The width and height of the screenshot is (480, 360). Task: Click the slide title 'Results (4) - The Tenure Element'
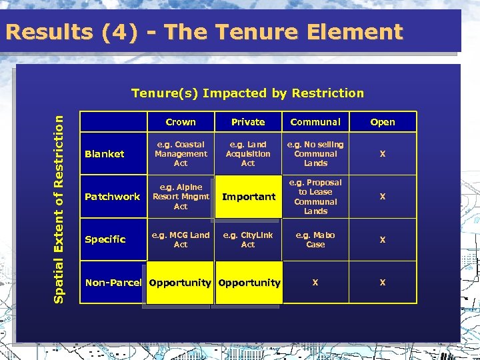203,31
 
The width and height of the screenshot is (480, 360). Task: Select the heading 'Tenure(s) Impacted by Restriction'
247,93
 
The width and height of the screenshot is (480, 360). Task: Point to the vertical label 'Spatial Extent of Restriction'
59,200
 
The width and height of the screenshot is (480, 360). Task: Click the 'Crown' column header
181,122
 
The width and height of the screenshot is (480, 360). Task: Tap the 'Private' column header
248,122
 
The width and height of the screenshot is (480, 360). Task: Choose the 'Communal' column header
315,122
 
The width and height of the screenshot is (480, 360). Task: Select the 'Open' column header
383,122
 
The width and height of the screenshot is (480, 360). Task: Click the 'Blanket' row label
105,154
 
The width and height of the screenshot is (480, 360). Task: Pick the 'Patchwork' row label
113,197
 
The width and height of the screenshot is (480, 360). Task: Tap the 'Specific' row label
105,239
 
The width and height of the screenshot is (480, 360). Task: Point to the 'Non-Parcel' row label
113,283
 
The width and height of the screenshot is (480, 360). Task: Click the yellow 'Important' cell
248,197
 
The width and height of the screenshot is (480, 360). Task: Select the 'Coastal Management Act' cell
181,154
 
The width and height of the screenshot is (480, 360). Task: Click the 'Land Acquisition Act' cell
248,154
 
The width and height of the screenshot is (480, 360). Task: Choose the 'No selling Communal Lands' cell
315,154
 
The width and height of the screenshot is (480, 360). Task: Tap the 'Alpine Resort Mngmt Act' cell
181,197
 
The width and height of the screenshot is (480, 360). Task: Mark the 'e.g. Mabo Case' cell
315,239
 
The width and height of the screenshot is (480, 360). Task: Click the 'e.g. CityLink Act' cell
248,239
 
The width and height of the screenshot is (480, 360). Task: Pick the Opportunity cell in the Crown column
180,283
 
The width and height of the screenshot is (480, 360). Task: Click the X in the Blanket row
383,154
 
